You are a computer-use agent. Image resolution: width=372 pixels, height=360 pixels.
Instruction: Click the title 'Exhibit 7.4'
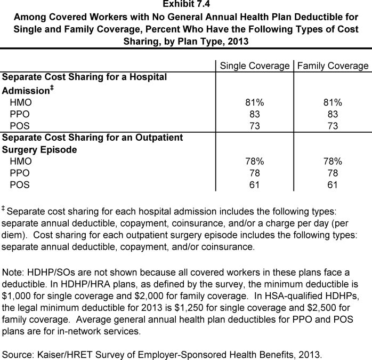coord(185,5)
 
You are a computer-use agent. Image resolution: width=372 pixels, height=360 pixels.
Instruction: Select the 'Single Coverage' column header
coord(254,66)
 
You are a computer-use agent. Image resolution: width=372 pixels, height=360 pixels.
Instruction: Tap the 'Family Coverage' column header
coord(333,66)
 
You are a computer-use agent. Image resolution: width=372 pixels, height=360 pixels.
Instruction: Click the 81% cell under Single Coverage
coord(254,102)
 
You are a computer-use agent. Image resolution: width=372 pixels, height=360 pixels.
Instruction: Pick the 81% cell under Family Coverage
coord(333,102)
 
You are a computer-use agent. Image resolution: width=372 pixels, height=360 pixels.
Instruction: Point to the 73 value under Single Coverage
coord(254,126)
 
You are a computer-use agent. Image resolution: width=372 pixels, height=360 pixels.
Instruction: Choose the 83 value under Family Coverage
coord(333,114)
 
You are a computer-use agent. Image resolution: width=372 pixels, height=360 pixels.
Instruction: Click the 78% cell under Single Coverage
coord(254,162)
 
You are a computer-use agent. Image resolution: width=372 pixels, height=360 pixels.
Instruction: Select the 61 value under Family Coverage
coord(333,185)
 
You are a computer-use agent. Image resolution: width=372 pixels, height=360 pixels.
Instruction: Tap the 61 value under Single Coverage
coord(254,185)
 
